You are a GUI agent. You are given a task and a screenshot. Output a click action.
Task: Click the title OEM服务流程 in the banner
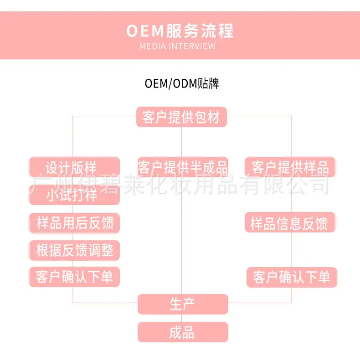pyautogui.click(x=180, y=31)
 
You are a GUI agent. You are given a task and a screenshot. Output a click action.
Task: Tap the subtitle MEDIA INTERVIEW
pyautogui.click(x=177, y=46)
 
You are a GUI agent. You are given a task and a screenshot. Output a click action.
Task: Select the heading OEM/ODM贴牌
pyautogui.click(x=182, y=83)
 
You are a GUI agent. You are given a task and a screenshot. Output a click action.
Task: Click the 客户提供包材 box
pyautogui.click(x=182, y=117)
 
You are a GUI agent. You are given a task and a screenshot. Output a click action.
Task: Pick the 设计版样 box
pyautogui.click(x=75, y=167)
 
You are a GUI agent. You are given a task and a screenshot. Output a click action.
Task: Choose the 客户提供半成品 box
pyautogui.click(x=183, y=167)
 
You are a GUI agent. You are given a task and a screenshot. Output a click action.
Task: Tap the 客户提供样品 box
pyautogui.click(x=290, y=167)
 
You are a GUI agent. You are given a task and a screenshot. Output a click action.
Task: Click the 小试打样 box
pyautogui.click(x=75, y=195)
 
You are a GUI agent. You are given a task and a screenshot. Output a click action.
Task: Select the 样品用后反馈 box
pyautogui.click(x=75, y=222)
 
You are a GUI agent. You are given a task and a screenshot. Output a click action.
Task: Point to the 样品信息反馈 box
pyautogui.click(x=290, y=222)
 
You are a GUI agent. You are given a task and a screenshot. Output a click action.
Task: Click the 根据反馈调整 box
pyautogui.click(x=75, y=250)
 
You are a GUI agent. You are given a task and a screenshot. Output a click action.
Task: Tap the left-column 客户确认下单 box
pyautogui.click(x=75, y=277)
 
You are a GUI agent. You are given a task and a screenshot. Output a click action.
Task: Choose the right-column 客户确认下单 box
pyautogui.click(x=292, y=277)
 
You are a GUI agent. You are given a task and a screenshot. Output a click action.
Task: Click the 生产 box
pyautogui.click(x=183, y=304)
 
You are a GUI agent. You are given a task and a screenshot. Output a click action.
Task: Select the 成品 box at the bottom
pyautogui.click(x=183, y=332)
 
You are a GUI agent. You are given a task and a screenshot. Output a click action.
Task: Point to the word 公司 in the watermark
pyautogui.click(x=309, y=184)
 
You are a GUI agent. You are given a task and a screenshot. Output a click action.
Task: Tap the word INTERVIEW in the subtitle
pyautogui.click(x=192, y=46)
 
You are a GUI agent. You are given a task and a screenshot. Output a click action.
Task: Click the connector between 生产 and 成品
pyautogui.click(x=182, y=318)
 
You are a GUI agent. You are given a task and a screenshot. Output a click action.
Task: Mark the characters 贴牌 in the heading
pyautogui.click(x=208, y=83)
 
